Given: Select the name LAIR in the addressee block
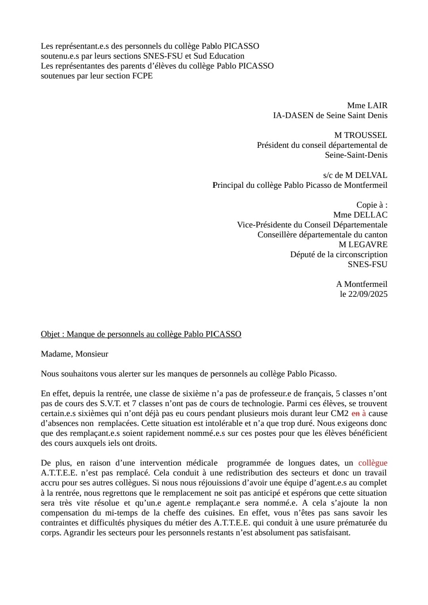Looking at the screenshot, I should (378, 105).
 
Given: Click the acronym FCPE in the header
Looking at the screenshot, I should (142, 76).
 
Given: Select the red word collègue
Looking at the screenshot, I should (373, 463).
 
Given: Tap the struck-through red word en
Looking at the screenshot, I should (355, 413).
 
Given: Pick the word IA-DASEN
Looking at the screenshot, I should (293, 115).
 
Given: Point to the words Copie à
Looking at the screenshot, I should (372, 205).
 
